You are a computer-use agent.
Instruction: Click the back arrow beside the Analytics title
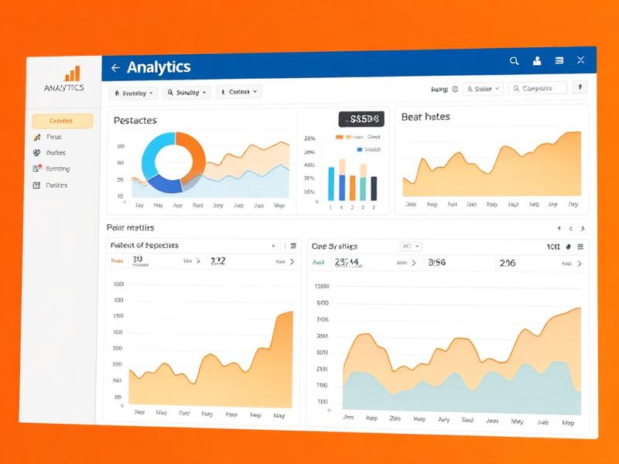115,68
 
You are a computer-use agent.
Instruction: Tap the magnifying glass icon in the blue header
514,60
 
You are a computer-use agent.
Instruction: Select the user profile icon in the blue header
536,60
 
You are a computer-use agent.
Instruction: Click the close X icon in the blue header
581,60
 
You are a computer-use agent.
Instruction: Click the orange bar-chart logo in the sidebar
72,73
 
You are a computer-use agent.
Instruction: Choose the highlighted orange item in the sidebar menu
62,121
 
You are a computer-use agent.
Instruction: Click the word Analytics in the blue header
159,67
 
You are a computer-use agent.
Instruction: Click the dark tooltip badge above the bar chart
361,119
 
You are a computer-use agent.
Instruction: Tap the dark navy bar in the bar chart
374,187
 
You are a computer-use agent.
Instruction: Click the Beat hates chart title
426,117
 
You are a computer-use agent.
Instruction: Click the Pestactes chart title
135,120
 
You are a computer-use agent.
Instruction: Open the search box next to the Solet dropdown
539,88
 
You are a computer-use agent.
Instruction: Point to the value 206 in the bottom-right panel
508,263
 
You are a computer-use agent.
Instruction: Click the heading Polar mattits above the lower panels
130,227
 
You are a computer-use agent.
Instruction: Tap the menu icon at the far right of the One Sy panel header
580,246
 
